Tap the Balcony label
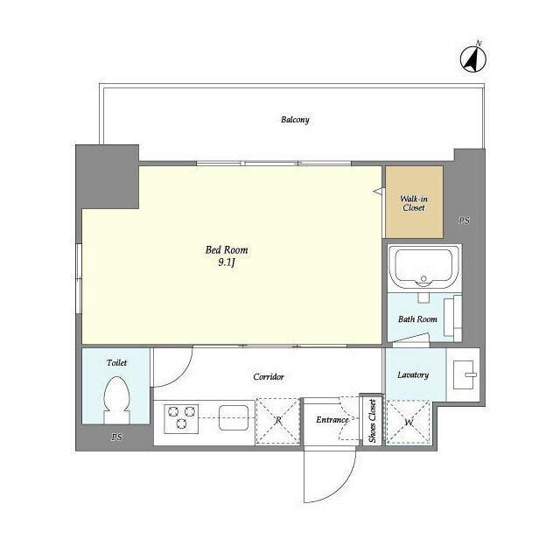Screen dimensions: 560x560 pyautogui.click(x=295, y=120)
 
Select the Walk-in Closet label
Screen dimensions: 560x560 pyautogui.click(x=414, y=203)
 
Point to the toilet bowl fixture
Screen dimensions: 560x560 pyautogui.click(x=116, y=400)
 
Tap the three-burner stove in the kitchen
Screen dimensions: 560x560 pyautogui.click(x=181, y=418)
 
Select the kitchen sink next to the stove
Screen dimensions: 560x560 pyautogui.click(x=234, y=417)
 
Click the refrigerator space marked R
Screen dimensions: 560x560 pyautogui.click(x=278, y=422)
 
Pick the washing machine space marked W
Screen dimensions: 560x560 pyautogui.click(x=409, y=423)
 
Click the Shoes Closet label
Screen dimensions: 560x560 pyautogui.click(x=372, y=421)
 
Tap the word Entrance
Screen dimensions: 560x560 pyautogui.click(x=332, y=420)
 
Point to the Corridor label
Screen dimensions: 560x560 pyautogui.click(x=269, y=377)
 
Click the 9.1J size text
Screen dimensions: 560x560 pyautogui.click(x=227, y=263)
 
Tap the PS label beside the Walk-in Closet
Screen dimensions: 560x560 pyautogui.click(x=464, y=220)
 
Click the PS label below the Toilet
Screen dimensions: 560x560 pyautogui.click(x=116, y=437)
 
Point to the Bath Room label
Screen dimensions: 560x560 pyautogui.click(x=417, y=318)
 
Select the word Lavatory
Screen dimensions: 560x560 pyautogui.click(x=413, y=375)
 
